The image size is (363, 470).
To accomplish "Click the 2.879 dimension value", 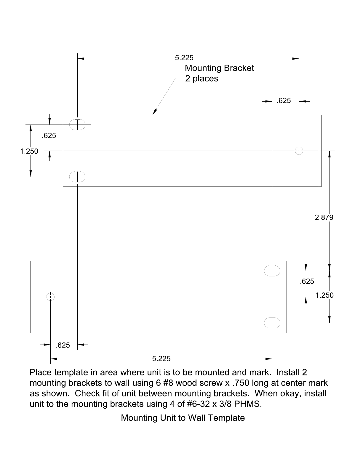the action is point(324,217).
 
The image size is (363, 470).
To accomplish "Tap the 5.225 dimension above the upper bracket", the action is point(184,58).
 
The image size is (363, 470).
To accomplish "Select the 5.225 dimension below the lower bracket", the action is point(161,359).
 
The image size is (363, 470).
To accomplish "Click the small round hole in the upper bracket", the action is point(299,151).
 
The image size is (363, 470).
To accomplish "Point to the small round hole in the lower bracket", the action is point(50,297).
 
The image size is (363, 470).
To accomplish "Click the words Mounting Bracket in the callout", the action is point(219,68).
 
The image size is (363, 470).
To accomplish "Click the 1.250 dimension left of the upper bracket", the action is point(29,151).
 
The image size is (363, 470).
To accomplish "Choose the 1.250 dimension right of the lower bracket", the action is point(324,295).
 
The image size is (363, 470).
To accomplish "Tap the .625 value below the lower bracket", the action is point(63,345).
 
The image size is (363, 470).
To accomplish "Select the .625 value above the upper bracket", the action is point(284,101).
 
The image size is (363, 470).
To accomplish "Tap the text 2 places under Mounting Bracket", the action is point(202,79).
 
